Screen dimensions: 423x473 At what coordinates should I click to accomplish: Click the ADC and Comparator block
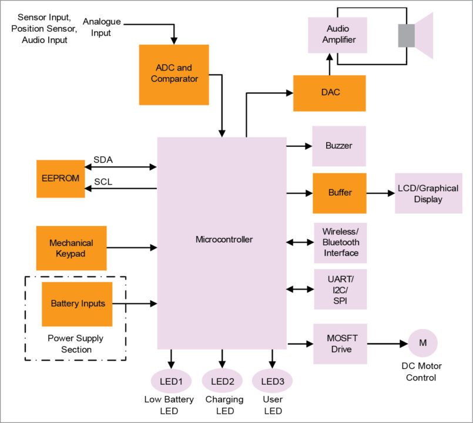(174, 74)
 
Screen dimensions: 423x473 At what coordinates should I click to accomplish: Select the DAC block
(329, 93)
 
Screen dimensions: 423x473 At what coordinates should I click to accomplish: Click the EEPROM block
(60, 178)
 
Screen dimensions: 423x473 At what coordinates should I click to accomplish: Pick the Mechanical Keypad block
(71, 248)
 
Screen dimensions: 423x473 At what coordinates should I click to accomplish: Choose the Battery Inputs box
(78, 304)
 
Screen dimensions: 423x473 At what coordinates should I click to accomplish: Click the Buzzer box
(339, 146)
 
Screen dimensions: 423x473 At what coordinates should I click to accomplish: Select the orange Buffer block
(339, 193)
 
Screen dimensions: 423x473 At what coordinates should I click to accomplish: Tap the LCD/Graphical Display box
(428, 193)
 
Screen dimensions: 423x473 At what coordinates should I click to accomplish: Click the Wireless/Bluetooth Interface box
(340, 243)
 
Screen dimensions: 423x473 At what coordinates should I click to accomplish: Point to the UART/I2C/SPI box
(340, 289)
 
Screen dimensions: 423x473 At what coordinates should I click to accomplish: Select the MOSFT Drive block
(340, 344)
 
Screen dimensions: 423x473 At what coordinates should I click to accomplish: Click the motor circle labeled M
(422, 343)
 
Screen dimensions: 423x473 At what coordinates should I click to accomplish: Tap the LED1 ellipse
(172, 381)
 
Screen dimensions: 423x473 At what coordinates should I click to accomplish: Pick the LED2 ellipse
(222, 381)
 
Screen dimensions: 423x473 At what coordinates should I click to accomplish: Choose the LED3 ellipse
(272, 381)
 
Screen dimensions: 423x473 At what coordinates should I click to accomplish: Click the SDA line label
(103, 160)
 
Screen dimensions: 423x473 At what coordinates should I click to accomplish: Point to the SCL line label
(103, 182)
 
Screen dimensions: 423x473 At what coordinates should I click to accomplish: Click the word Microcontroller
(224, 239)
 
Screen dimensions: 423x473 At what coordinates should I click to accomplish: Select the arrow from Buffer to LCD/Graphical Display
(381, 193)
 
